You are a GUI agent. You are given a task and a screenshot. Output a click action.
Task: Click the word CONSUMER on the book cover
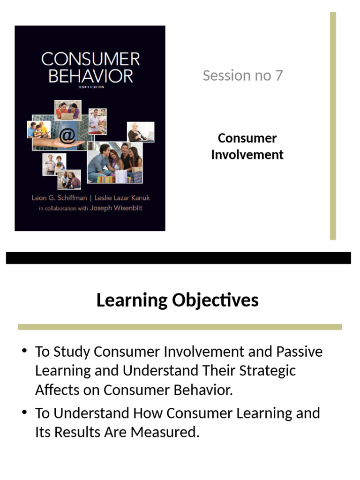(x=90, y=60)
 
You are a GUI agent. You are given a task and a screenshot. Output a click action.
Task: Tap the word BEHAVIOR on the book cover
(x=90, y=75)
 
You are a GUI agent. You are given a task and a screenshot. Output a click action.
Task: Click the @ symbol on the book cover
(x=67, y=136)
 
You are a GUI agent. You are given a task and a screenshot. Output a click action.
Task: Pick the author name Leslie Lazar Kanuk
(x=122, y=198)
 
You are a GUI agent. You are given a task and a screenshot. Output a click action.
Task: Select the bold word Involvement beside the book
(x=247, y=155)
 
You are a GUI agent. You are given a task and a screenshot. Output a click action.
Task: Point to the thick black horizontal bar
(x=178, y=258)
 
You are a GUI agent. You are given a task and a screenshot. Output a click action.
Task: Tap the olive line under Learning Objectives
(x=180, y=327)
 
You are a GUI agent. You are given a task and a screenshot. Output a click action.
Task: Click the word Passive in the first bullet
(x=300, y=352)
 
